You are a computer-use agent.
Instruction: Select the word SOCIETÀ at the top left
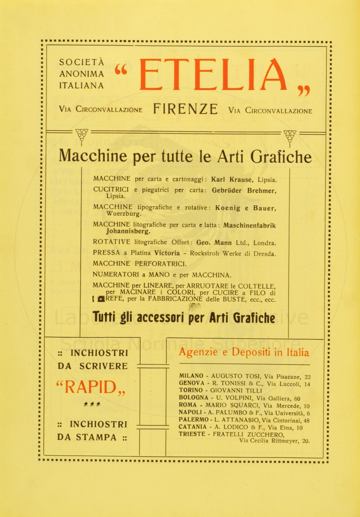(81, 62)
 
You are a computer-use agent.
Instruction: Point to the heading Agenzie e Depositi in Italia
(244, 352)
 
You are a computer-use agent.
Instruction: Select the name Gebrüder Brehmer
(243, 190)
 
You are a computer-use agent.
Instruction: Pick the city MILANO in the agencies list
(191, 376)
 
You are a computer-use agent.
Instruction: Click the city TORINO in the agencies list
(191, 391)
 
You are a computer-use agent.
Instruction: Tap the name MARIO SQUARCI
(233, 405)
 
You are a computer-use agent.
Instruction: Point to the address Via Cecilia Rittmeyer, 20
(274, 441)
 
